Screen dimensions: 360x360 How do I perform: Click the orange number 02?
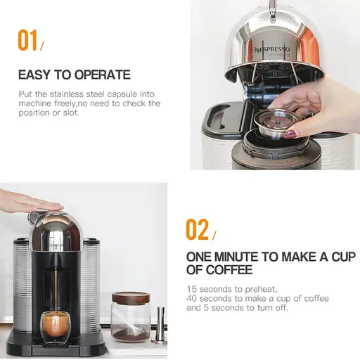(198, 229)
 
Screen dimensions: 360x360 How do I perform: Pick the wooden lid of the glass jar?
(131, 297)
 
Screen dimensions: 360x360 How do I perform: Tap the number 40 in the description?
(192, 298)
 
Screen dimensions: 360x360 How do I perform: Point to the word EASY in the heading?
(34, 75)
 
